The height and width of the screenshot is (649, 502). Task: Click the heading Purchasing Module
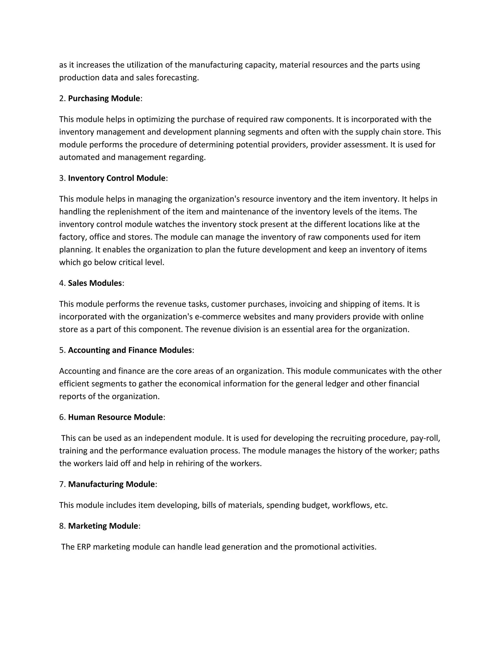point(104,98)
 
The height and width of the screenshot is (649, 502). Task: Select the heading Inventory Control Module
point(117,178)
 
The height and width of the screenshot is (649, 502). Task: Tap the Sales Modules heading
point(95,283)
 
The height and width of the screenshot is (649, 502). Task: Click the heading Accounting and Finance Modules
point(130,350)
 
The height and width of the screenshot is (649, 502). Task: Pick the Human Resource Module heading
point(115,417)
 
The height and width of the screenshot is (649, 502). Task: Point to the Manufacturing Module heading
point(111,484)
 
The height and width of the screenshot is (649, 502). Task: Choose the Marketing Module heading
point(103,526)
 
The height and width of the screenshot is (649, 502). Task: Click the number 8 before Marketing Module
point(62,526)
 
